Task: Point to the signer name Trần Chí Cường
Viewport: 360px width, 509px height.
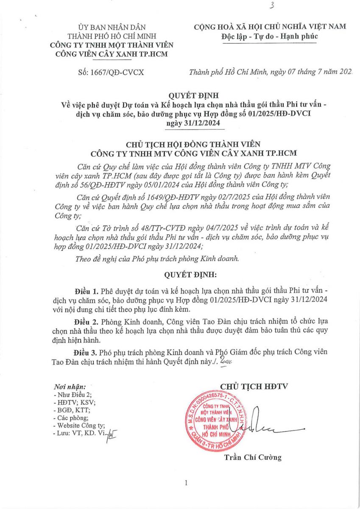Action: pyautogui.click(x=252, y=457)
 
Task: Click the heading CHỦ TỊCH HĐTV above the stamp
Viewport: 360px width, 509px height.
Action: pyautogui.click(x=254, y=386)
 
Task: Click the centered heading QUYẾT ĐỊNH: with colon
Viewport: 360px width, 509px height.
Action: pyautogui.click(x=190, y=274)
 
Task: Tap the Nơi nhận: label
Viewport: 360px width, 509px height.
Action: pyautogui.click(x=70, y=387)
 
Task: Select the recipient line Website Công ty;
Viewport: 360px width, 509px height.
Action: pyautogui.click(x=81, y=425)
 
